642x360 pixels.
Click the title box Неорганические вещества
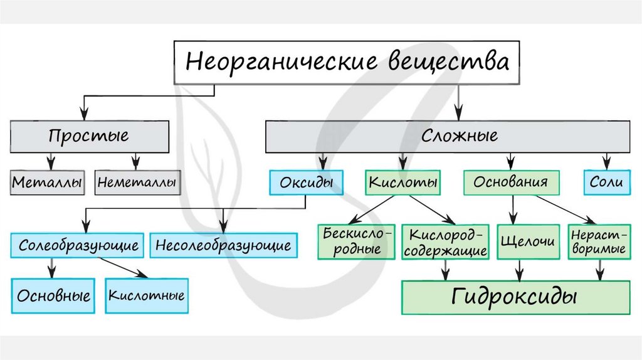click(x=346, y=62)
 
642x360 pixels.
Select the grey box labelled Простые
click(x=88, y=135)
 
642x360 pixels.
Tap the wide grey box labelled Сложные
click(x=448, y=135)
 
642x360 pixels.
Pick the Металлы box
click(x=48, y=184)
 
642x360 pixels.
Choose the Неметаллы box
click(x=137, y=184)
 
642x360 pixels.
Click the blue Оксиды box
click(x=306, y=183)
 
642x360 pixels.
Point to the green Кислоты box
click(x=402, y=183)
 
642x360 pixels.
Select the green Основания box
click(x=511, y=183)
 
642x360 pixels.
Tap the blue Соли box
click(x=606, y=183)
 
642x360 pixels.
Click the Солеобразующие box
click(x=78, y=245)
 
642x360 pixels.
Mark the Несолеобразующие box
click(x=223, y=245)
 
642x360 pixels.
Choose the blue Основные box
click(x=53, y=295)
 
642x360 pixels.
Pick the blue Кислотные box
click(x=147, y=295)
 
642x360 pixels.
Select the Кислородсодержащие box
click(x=446, y=242)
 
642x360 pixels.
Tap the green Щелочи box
click(x=520, y=241)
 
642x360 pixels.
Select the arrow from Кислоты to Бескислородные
click(x=372, y=209)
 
